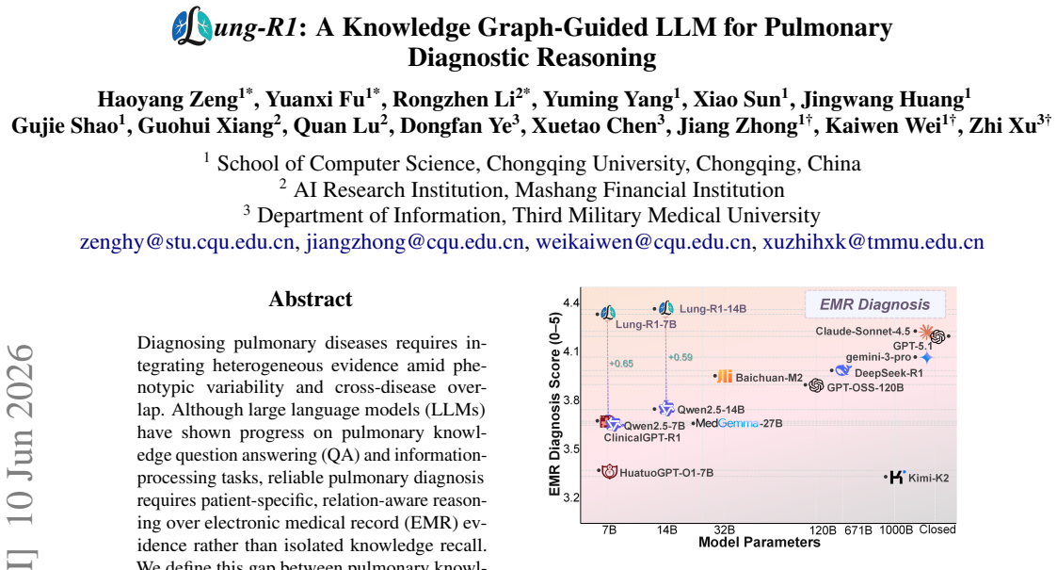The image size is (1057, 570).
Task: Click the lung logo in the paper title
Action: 192,26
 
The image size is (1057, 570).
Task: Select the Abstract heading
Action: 310,299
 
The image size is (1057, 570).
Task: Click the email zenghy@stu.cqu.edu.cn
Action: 186,242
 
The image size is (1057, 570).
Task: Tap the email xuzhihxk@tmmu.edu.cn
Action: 873,242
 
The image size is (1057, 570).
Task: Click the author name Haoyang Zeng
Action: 168,100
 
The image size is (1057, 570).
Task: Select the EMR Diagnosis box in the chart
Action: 874,304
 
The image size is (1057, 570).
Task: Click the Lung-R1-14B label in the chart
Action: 713,309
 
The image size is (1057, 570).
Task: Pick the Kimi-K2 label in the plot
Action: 928,479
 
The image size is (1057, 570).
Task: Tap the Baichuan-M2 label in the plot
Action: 768,378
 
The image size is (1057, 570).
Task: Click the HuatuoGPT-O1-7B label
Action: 666,473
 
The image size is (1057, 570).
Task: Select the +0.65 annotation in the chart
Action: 621,364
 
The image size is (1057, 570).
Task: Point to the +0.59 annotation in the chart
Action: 681,357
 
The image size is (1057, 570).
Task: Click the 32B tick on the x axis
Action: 724,530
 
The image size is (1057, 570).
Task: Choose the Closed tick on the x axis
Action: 937,529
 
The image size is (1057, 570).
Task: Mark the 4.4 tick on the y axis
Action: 571,302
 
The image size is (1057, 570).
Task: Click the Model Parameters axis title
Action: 759,543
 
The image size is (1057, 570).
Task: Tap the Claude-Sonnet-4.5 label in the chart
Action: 862,332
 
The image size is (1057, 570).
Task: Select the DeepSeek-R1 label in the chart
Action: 889,373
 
